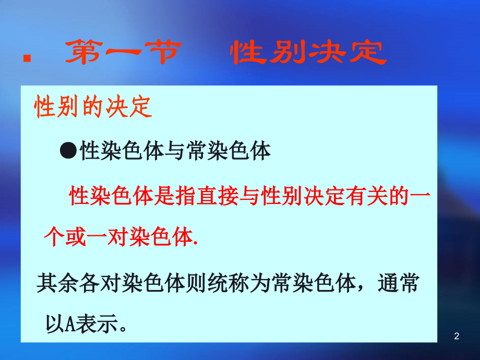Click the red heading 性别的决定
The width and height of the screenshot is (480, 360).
click(x=93, y=109)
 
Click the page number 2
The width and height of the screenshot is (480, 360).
click(x=457, y=337)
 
